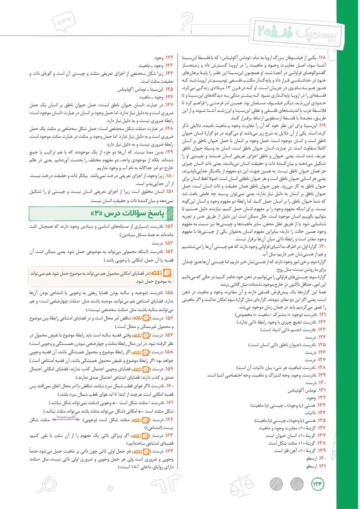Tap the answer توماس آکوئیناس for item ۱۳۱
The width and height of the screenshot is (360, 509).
click(299, 390)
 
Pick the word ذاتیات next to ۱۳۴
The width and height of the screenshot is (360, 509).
click(305, 412)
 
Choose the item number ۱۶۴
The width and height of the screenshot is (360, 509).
click(169, 452)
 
